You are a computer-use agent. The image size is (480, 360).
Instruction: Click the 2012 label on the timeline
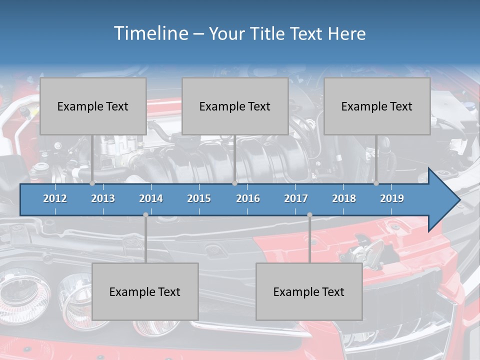[x=55, y=198]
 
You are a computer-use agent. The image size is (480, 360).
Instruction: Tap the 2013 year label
[x=103, y=198]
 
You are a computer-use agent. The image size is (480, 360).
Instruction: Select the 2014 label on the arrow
[x=151, y=198]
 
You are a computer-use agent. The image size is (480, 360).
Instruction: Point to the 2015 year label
[x=199, y=198]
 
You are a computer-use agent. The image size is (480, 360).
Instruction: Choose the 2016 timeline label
[x=248, y=198]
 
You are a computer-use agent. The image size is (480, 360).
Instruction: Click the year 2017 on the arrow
[x=296, y=198]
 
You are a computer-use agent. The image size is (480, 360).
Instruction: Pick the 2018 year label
[x=344, y=198]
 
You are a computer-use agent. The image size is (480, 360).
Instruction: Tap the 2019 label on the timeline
[x=392, y=198]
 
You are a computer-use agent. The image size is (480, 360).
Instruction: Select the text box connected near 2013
[x=93, y=106]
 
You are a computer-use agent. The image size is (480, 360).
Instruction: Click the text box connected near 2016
[x=235, y=106]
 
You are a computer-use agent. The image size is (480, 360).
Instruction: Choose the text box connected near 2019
[x=377, y=106]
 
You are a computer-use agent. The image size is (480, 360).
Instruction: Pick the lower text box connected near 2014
[x=145, y=291]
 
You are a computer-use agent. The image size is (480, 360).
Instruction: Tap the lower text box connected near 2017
[x=309, y=291]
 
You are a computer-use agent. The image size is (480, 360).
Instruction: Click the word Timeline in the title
[x=150, y=33]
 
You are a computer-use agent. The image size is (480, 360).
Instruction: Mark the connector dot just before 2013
[x=92, y=183]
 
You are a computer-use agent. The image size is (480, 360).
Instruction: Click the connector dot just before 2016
[x=234, y=183]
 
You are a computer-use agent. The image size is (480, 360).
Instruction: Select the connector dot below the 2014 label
[x=145, y=215]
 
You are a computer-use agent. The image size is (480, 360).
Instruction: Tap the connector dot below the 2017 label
[x=309, y=215]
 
